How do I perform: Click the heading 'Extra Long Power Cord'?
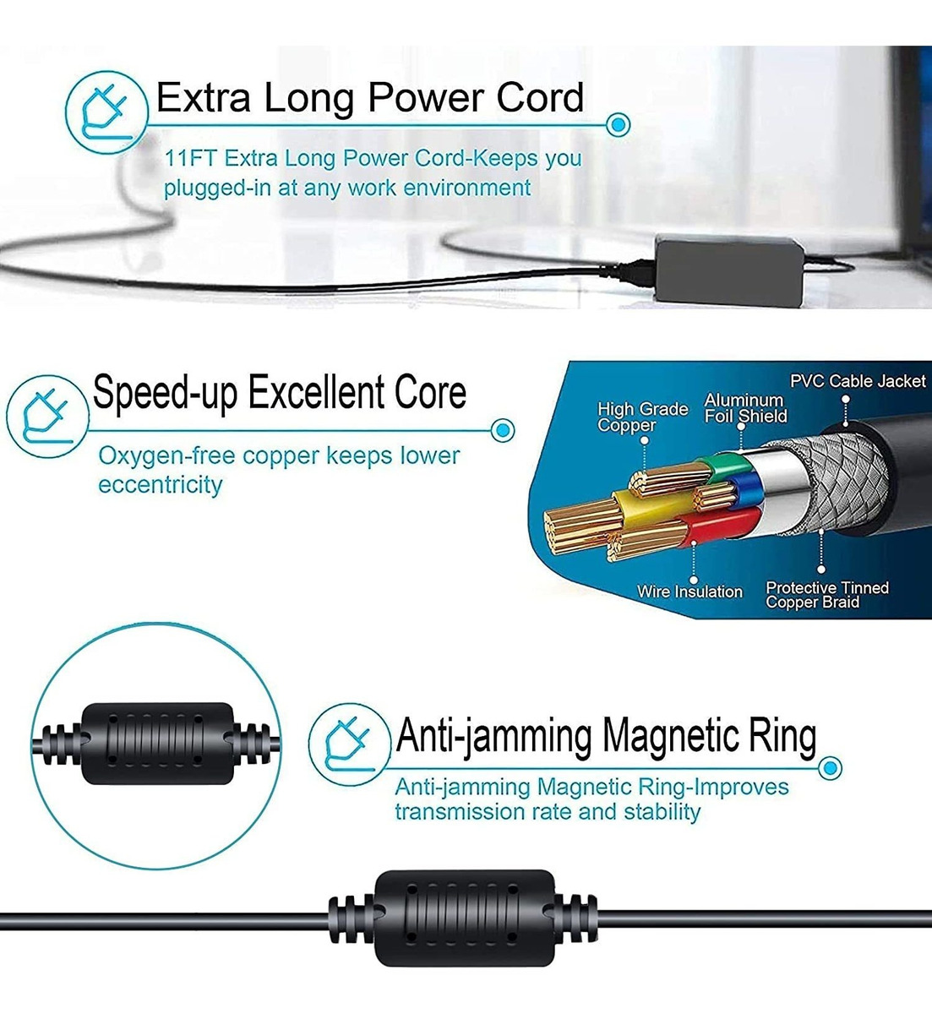point(369,97)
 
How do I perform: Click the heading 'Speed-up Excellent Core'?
point(279,393)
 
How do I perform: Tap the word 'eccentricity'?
point(160,485)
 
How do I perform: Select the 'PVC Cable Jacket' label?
point(857,381)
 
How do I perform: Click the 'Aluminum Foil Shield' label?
point(745,407)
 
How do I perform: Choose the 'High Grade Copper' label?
point(642,417)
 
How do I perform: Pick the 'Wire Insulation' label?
point(689,591)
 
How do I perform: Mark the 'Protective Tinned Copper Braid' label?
point(826,595)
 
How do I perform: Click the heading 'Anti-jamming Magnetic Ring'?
point(606,735)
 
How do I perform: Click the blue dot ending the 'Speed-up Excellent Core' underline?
point(503,431)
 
